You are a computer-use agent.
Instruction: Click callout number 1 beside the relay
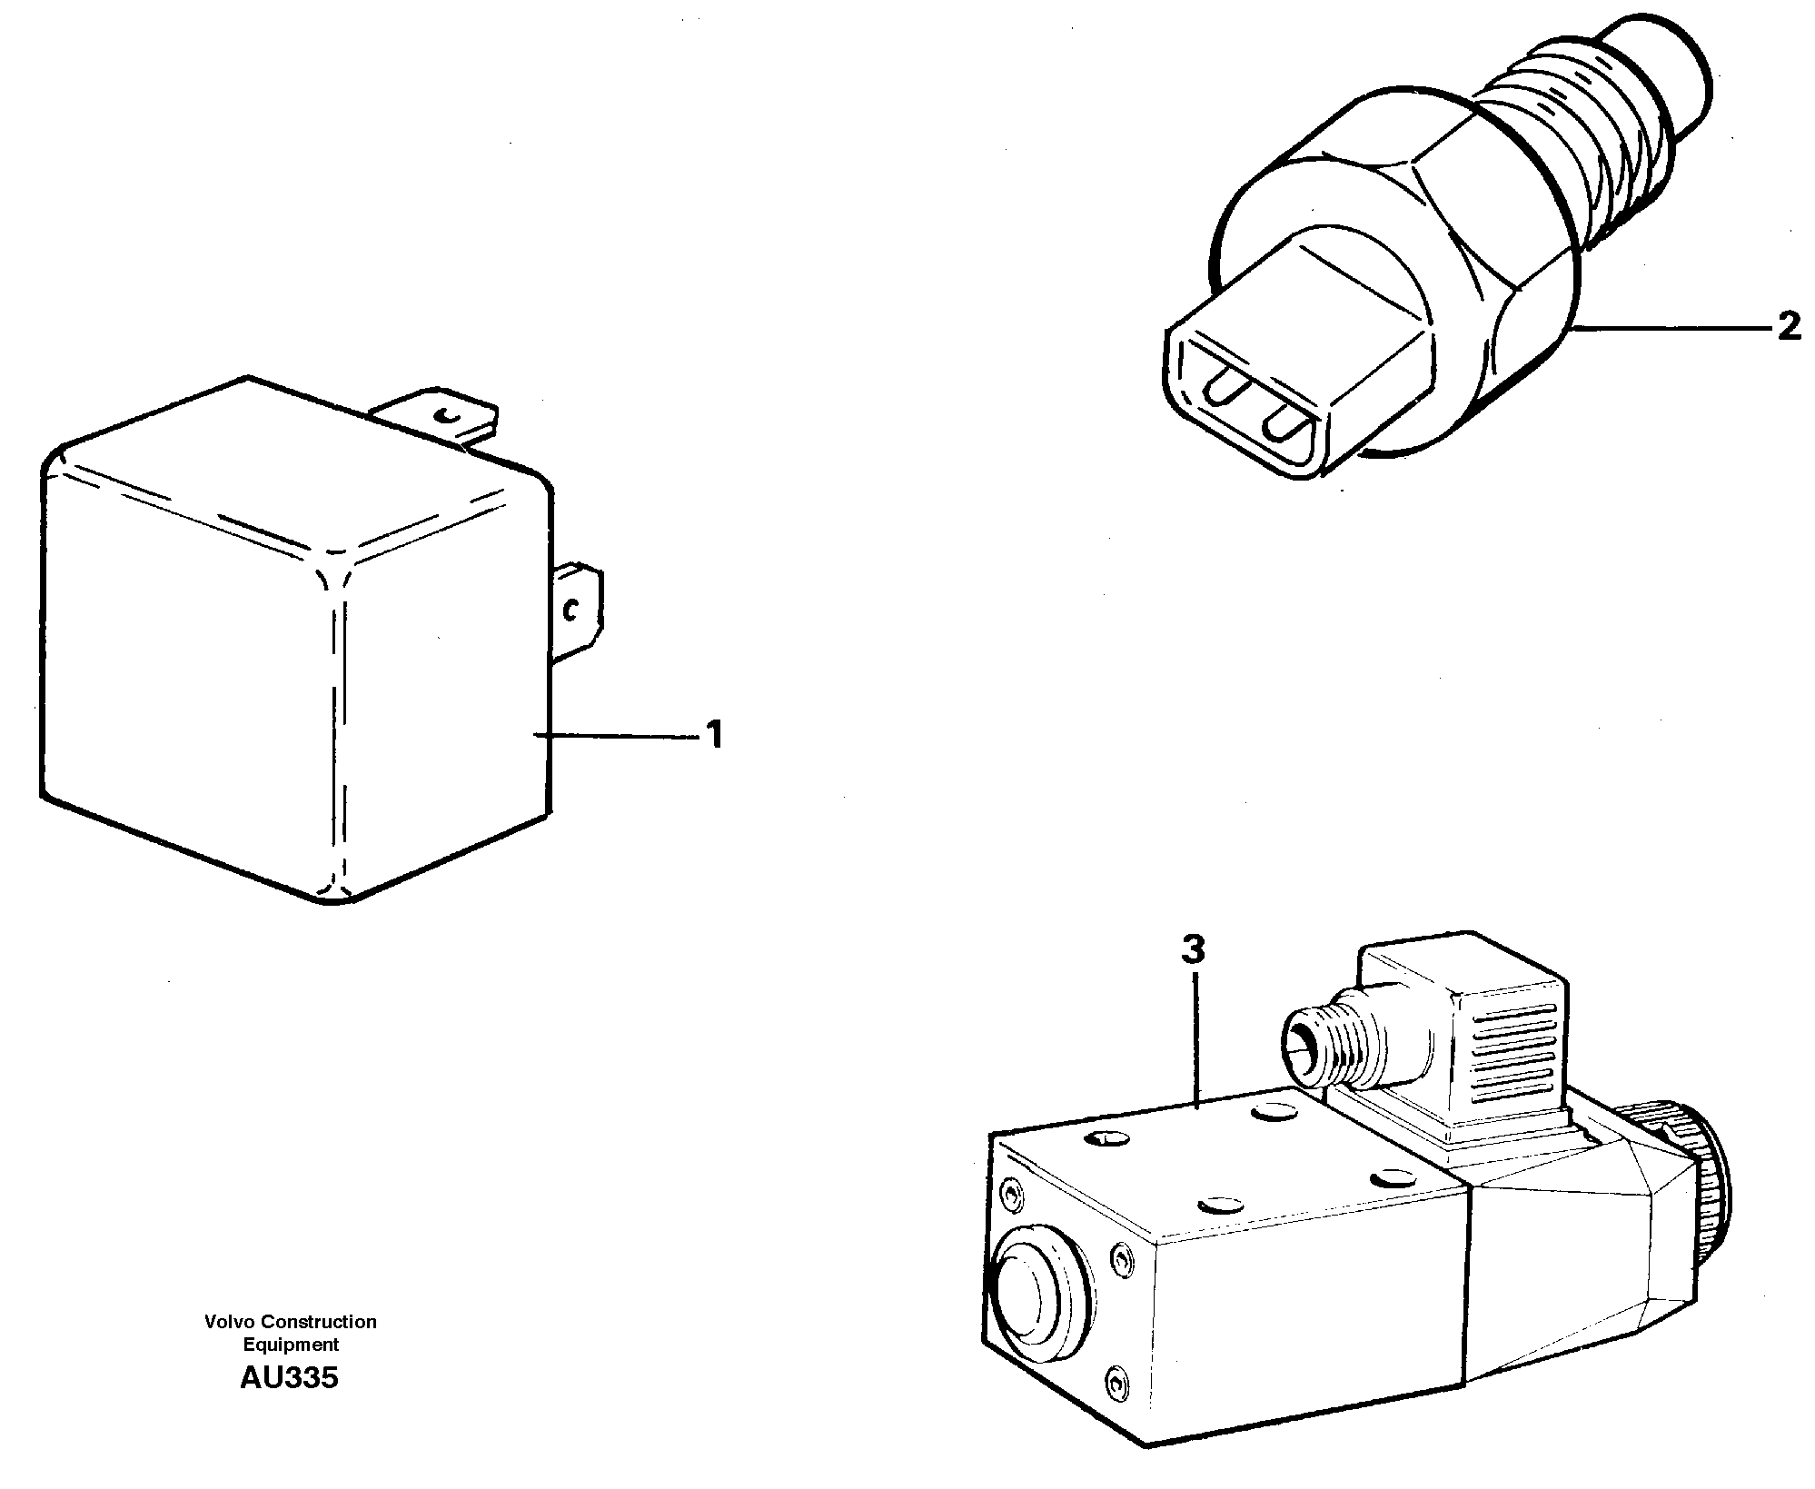[x=715, y=735]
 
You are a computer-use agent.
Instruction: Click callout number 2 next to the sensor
[x=1788, y=326]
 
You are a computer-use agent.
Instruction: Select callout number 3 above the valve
[x=1193, y=951]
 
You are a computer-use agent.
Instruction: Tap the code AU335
[x=289, y=1378]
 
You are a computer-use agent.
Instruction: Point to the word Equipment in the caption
[x=291, y=1345]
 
